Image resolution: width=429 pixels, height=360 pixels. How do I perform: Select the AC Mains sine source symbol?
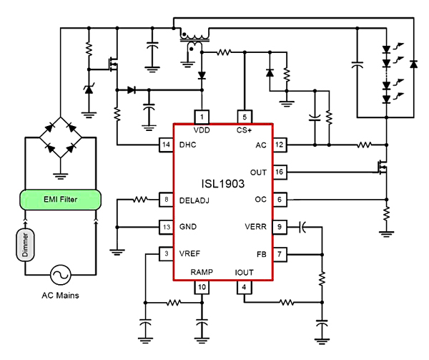coord(61,274)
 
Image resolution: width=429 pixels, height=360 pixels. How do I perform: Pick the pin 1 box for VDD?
coord(202,117)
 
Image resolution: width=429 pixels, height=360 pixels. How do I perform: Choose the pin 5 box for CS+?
coord(245,117)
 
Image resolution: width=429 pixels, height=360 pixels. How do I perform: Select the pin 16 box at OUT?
coord(280,172)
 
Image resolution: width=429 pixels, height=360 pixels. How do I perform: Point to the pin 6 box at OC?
coord(280,200)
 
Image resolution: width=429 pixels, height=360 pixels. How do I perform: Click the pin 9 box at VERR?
coord(280,228)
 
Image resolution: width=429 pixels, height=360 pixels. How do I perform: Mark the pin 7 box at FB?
coord(280,254)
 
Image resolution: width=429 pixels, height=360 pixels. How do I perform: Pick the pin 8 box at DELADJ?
coord(165,200)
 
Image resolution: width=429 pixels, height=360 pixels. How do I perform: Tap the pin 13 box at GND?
coord(165,228)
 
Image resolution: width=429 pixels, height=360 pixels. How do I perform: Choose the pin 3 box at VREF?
coord(165,254)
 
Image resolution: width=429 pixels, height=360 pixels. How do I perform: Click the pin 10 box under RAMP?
coord(202,288)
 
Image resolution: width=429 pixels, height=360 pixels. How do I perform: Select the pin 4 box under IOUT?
coord(245,288)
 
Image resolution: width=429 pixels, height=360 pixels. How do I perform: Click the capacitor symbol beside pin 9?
coord(303,228)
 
